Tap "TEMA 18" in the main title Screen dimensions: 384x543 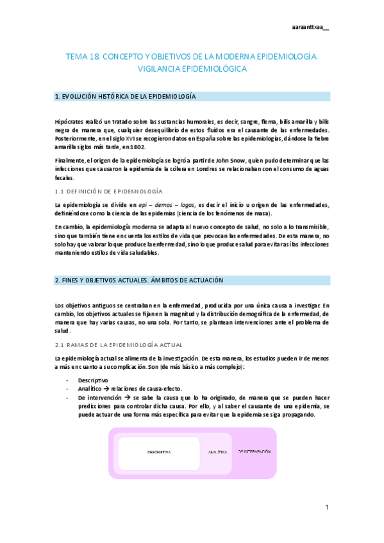click(82, 57)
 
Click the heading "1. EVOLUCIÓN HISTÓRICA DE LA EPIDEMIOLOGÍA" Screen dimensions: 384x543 click(126, 97)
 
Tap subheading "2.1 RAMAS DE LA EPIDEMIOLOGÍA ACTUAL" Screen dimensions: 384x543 click(119, 345)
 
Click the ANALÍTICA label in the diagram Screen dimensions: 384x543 click(218, 452)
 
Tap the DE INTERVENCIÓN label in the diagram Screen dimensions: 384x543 click(255, 451)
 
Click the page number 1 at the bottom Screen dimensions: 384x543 click(326, 507)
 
